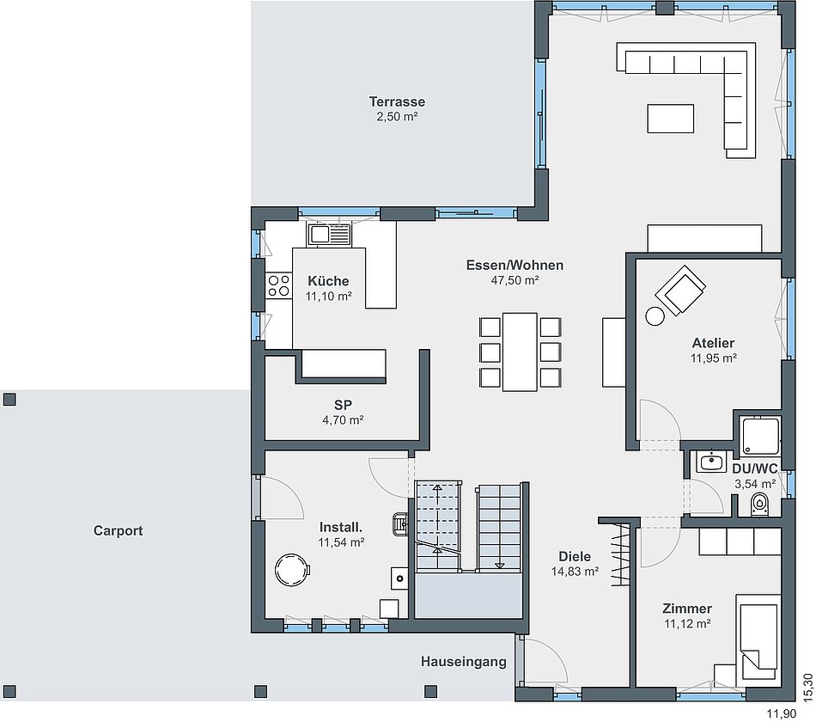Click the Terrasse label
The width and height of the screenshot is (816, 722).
tap(397, 101)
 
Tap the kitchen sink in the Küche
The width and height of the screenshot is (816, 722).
tap(329, 235)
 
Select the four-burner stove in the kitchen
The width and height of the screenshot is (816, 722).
tap(278, 286)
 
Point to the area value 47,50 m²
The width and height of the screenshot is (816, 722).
tap(515, 280)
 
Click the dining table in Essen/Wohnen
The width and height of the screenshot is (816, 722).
tap(520, 352)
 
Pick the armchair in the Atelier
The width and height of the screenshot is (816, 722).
tap(680, 291)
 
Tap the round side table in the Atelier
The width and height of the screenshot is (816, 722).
tap(655, 316)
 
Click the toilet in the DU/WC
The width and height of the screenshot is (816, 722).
tap(760, 505)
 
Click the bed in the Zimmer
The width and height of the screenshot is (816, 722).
tap(758, 640)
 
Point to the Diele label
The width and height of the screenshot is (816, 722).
tap(575, 556)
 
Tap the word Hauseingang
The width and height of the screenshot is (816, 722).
tap(464, 662)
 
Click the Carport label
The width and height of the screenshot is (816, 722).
tap(119, 531)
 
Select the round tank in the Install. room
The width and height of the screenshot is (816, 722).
tap(292, 571)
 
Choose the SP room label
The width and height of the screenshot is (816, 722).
tap(343, 405)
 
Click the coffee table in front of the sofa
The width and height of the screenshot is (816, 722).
tap(670, 119)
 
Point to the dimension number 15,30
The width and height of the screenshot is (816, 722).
tap(807, 687)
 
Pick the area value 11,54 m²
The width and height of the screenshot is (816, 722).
tap(341, 542)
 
